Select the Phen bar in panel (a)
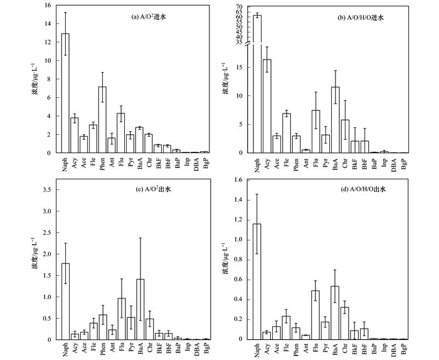(102, 120)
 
